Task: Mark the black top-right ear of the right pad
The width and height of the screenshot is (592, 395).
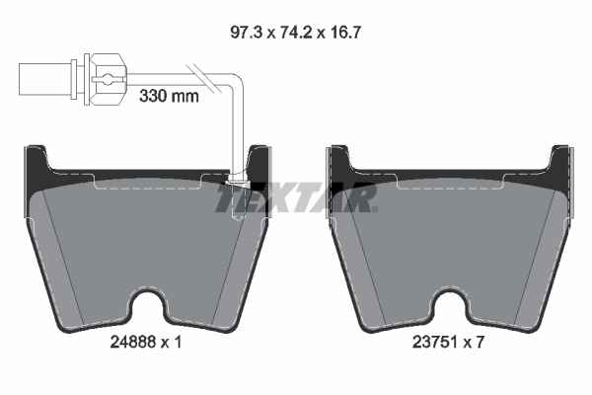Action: (x=559, y=164)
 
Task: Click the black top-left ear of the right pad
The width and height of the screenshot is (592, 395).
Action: (x=337, y=164)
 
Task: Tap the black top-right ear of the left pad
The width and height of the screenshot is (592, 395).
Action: (x=259, y=162)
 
